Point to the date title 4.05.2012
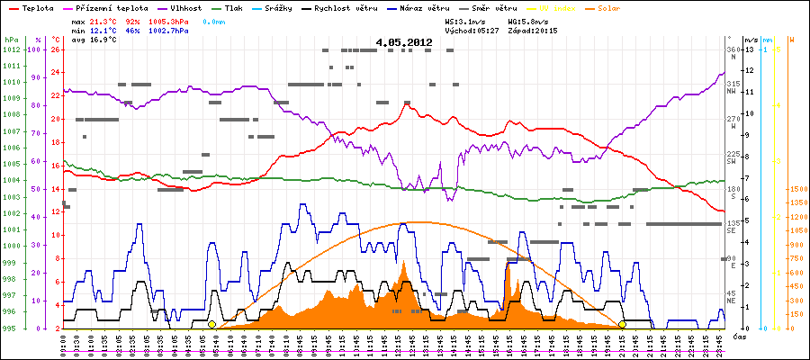pyautogui.click(x=404, y=42)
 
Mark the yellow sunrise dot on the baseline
pyautogui.click(x=211, y=324)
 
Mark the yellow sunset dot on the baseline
pyautogui.click(x=622, y=324)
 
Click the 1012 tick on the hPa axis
pyautogui.click(x=11, y=49)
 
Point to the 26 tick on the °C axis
pyautogui.click(x=56, y=49)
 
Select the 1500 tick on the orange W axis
pyautogui.click(x=796, y=189)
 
